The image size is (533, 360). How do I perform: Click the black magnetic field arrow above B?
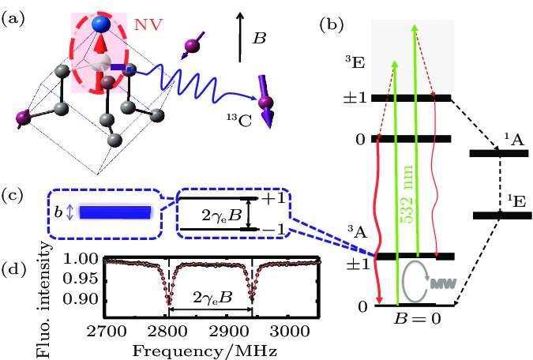pos(241,42)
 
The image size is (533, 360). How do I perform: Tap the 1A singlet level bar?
pos(499,153)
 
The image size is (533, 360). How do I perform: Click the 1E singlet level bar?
pos(500,216)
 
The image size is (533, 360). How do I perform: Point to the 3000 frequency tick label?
pos(293,329)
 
